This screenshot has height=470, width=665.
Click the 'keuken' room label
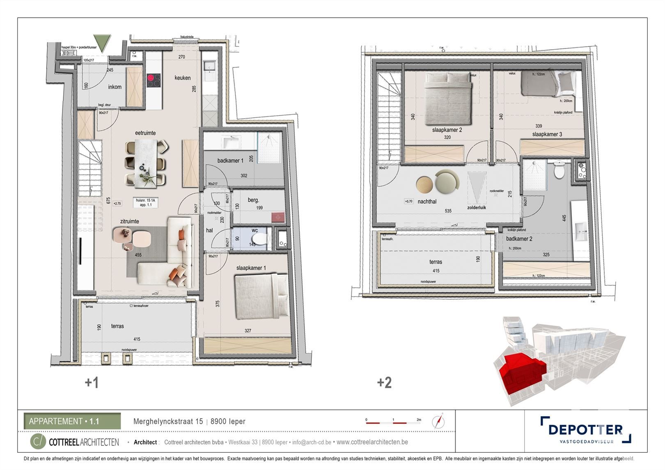pos(182,78)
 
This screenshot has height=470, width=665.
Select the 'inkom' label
pos(115,87)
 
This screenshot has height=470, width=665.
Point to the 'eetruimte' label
pos(145,133)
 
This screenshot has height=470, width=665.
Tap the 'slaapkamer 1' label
pos(251,268)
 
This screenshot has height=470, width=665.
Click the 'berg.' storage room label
pos(253,200)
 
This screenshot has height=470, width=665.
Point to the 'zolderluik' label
pos(477,208)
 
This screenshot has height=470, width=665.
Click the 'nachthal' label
pos(427,202)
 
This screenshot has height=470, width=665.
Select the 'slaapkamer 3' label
pos(547,134)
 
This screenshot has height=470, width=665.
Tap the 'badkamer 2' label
pos(519,238)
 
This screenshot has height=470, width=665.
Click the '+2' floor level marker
pos(384,383)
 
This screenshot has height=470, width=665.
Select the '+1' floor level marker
pos(92,383)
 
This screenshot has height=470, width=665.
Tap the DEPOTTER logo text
pos(585,430)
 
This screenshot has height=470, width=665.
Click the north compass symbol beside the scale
pos(438,421)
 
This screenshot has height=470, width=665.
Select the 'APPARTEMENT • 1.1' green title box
pos(72,421)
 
